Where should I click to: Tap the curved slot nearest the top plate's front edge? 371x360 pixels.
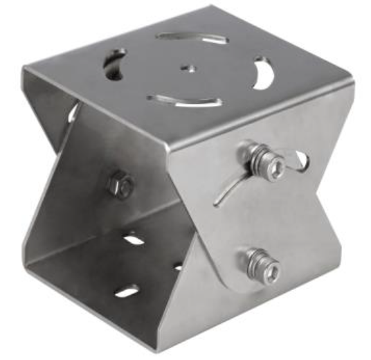click(x=185, y=101)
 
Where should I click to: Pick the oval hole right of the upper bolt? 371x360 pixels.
click(x=299, y=160)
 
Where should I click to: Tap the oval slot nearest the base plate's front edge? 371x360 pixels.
click(x=127, y=291)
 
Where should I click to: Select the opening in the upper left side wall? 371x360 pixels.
click(x=72, y=112)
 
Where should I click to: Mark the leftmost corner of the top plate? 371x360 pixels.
click(x=24, y=68)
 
